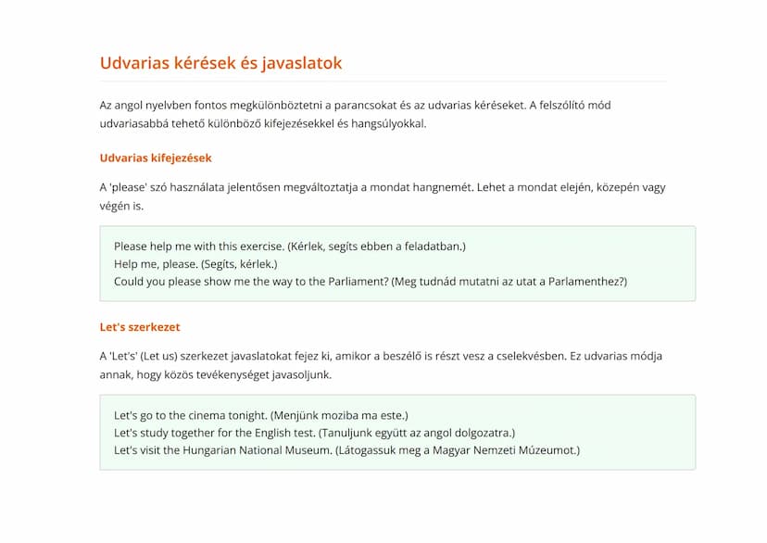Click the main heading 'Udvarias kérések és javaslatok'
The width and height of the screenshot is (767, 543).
[220, 63]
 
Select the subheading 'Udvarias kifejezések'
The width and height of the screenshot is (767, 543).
[156, 158]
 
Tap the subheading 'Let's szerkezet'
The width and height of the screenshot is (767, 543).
[140, 326]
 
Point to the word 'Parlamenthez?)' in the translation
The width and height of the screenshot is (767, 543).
[587, 281]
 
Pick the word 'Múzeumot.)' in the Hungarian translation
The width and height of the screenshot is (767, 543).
[547, 450]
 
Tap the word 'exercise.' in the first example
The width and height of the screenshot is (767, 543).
[258, 246]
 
